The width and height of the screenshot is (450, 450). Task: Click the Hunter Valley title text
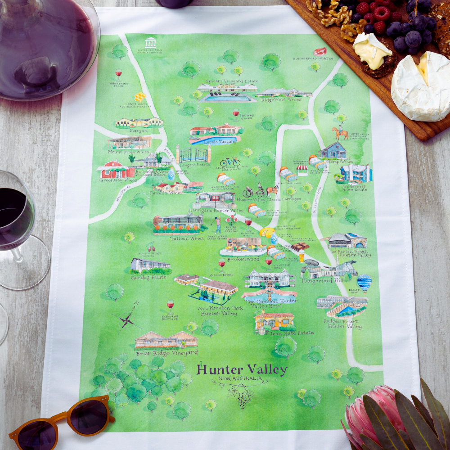242,370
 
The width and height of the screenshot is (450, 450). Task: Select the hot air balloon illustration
364,283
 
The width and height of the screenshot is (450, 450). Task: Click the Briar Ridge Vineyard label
166,353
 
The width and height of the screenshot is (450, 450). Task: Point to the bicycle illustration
229,162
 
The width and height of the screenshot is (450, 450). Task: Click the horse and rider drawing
340,132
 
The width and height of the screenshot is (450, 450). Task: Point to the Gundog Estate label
148,278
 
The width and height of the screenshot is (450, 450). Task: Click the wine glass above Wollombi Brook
118,73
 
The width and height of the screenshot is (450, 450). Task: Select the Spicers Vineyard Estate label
225,81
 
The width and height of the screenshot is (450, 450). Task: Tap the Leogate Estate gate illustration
193,155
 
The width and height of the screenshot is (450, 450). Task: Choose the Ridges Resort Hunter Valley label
342,324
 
